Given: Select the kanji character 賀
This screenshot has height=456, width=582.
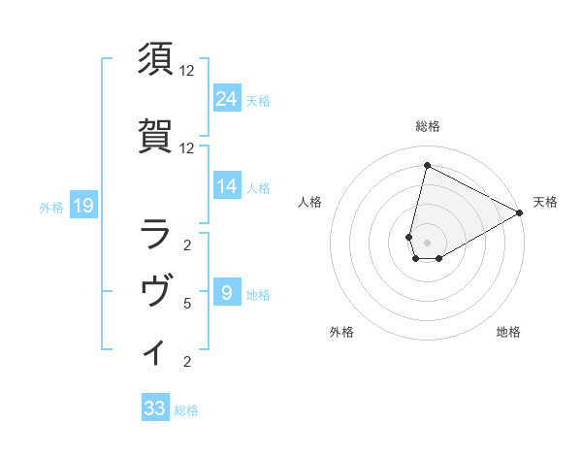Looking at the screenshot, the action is point(156,136).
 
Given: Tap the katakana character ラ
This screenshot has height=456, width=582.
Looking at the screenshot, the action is point(156,233).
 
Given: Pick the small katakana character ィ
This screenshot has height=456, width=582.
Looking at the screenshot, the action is point(155,352).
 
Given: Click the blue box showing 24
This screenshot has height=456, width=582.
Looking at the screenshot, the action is point(227,98).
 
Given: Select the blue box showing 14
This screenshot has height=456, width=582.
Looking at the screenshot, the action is point(227,186).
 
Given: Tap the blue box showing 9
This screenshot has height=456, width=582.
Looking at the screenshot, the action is point(227,292).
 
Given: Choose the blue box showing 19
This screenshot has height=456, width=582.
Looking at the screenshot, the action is point(82,205).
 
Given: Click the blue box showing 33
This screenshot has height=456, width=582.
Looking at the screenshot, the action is point(155,408).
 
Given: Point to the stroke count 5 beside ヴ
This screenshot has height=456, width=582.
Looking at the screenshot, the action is point(186,304).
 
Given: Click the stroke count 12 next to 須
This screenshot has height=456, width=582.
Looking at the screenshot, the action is point(186,71).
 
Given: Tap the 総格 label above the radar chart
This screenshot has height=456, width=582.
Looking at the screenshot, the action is point(427,126).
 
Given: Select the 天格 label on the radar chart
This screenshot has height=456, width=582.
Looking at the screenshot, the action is point(545,202).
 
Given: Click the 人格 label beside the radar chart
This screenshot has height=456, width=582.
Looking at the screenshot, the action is point(309,202).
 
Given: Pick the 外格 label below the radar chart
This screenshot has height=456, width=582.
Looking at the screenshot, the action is point(341,332).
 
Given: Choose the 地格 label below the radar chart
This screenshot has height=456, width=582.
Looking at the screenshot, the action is point(508,332).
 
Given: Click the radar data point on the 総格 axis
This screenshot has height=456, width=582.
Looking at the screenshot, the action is point(427,166).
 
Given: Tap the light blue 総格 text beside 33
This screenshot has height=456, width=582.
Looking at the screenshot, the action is point(186,410).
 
